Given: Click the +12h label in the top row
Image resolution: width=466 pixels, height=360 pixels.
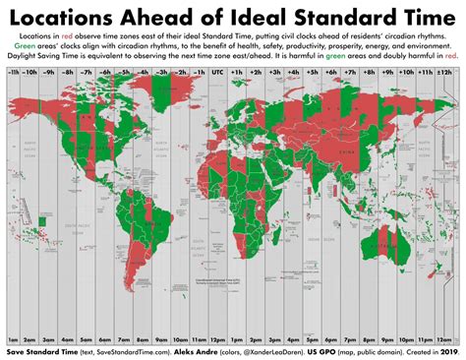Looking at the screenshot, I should (448, 74).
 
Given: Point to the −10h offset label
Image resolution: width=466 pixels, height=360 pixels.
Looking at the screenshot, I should (32, 74).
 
